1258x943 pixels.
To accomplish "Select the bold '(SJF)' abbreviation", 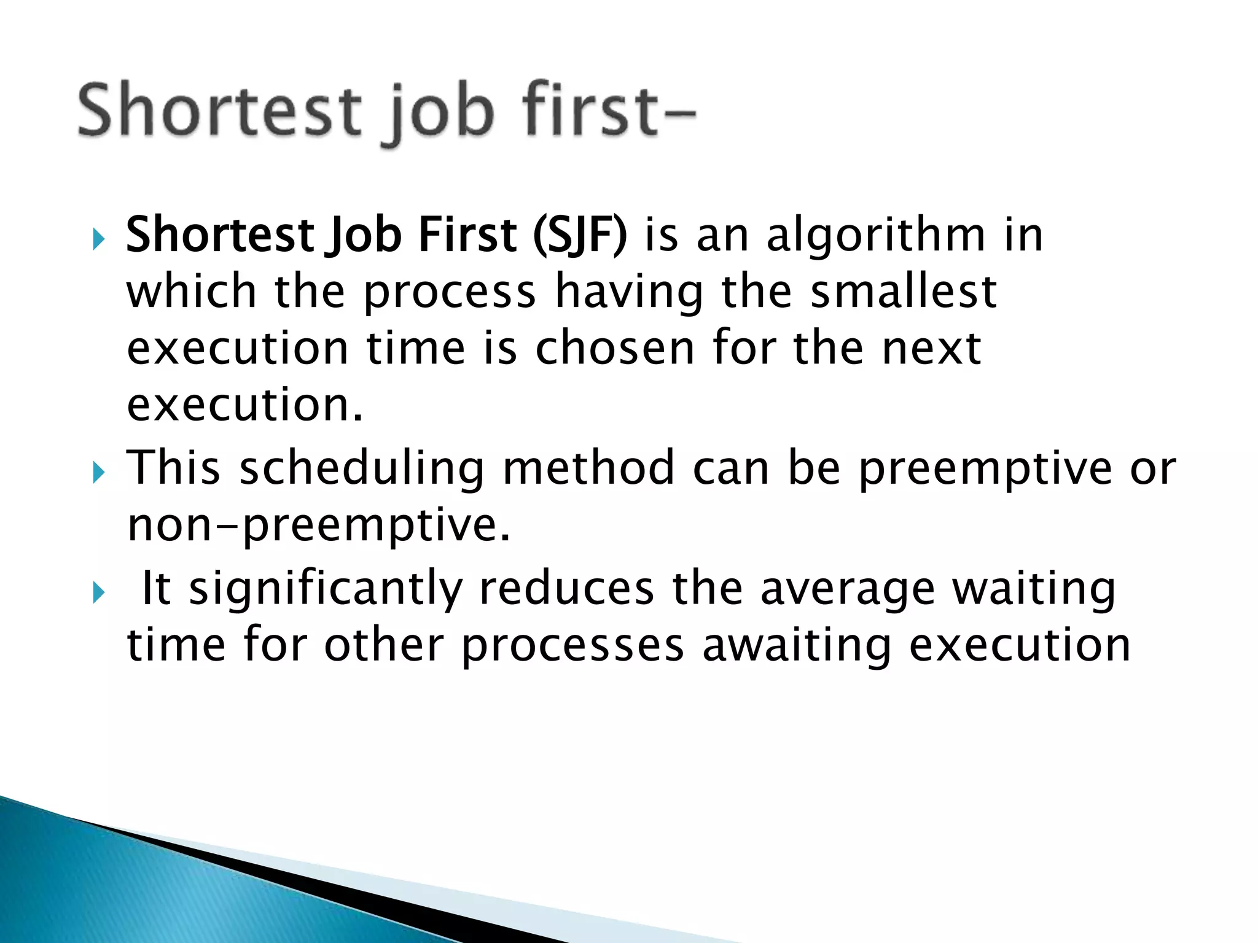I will (580, 235).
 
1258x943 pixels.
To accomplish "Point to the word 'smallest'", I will (903, 292).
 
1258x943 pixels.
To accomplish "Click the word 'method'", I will (588, 468).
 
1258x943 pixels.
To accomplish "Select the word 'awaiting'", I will (797, 646).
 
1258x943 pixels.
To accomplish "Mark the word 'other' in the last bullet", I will (384, 645).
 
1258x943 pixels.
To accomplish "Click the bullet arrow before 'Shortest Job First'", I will (98, 239).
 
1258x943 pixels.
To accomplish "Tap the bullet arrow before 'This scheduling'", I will (98, 473).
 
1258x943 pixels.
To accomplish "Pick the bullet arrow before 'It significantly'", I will (98, 593).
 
